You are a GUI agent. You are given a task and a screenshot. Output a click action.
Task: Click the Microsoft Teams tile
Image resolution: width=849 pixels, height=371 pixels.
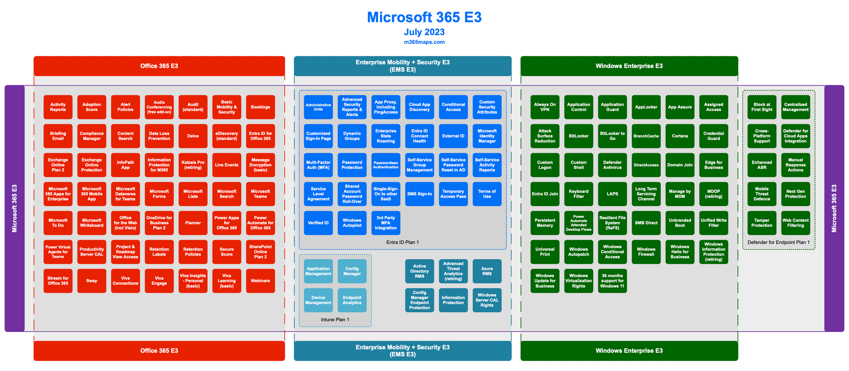tap(260, 194)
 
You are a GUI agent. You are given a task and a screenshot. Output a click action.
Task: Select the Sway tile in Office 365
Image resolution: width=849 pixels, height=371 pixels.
tap(92, 280)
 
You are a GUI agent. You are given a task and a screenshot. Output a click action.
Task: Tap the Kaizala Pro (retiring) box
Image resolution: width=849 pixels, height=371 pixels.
tap(193, 165)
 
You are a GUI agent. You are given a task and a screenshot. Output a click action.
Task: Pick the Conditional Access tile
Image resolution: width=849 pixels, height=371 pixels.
tap(453, 107)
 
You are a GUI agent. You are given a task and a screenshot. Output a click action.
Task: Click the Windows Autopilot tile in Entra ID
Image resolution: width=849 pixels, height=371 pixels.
tap(352, 223)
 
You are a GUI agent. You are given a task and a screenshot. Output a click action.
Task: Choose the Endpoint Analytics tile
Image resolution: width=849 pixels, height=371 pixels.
tap(352, 300)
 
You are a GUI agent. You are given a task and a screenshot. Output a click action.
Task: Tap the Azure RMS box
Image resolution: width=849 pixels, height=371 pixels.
tap(487, 271)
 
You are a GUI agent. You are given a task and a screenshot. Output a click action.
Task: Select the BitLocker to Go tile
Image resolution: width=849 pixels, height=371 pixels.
tap(612, 136)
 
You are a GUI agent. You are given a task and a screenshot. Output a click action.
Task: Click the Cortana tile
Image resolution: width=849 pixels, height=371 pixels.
tap(680, 136)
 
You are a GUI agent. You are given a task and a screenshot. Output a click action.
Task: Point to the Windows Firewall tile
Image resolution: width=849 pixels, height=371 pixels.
tap(646, 252)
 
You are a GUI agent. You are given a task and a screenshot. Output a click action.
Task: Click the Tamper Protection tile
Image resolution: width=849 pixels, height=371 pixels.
tap(762, 223)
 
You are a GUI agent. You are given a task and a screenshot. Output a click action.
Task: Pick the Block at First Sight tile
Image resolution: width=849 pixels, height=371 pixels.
tap(762, 107)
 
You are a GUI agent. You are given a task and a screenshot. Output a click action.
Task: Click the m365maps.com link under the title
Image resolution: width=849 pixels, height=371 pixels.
tap(424, 42)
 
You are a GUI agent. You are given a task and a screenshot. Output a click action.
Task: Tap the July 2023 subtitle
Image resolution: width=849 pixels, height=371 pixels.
tap(424, 32)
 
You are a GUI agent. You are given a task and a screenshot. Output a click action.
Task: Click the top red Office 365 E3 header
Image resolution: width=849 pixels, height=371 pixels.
tap(159, 66)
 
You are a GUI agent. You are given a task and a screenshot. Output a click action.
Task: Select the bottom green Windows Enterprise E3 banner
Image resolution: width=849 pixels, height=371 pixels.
tap(629, 351)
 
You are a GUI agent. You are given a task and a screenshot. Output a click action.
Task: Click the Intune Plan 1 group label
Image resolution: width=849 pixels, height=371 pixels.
tap(335, 320)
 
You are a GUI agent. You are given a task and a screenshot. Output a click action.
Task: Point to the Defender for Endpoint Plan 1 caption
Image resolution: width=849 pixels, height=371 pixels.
tap(779, 242)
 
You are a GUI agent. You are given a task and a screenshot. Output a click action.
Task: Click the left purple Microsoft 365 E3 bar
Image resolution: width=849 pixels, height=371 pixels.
tap(14, 208)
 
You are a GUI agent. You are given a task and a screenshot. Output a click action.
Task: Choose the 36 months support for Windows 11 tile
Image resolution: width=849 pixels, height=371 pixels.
tap(612, 280)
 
